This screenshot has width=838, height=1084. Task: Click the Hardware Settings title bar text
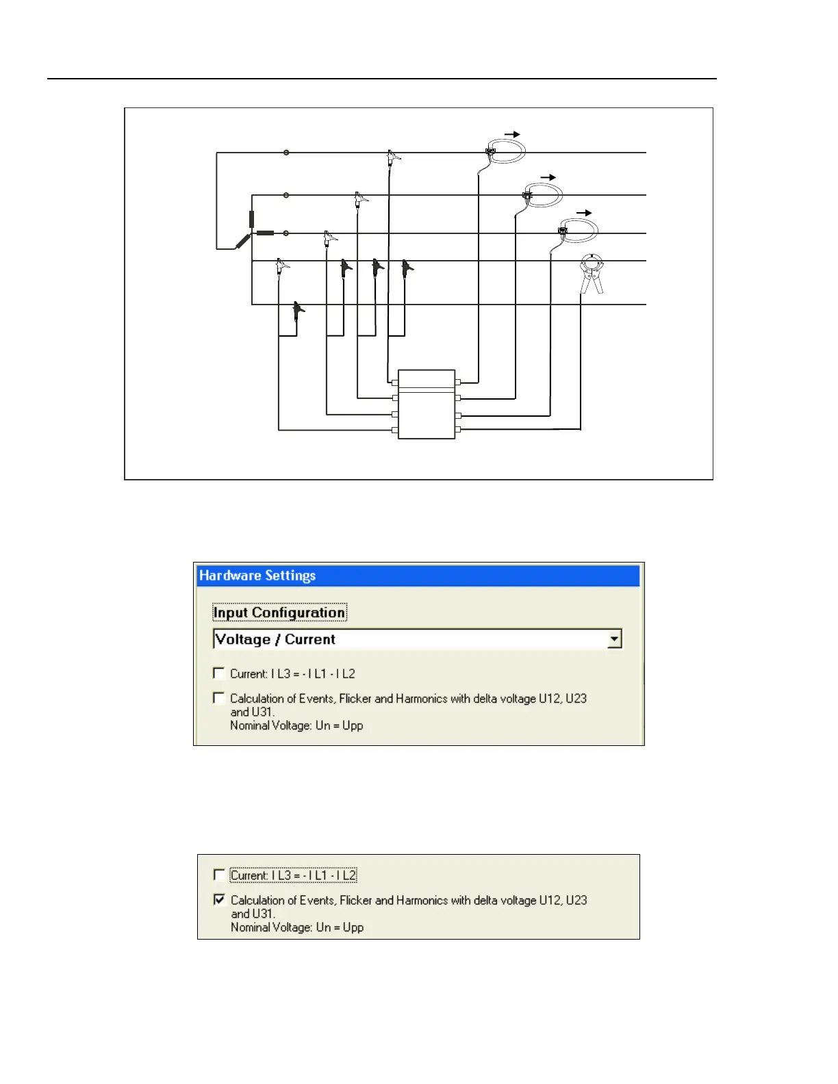(x=257, y=576)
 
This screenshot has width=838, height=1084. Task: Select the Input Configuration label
(x=279, y=612)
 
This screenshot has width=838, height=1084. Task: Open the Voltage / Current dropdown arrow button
(x=614, y=639)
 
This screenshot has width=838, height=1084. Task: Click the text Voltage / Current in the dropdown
(x=275, y=639)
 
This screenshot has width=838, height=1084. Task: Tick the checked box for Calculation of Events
(x=219, y=899)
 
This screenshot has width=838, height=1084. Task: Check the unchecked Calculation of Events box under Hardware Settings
(x=218, y=698)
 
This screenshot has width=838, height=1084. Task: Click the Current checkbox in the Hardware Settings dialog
(x=218, y=673)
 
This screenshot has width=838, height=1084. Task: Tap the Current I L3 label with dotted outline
(x=293, y=875)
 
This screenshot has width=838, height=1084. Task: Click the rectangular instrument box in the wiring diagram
(x=427, y=404)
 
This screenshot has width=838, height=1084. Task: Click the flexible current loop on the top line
(x=507, y=150)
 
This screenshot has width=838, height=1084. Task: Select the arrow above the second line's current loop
(x=548, y=178)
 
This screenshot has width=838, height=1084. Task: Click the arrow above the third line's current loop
(x=583, y=214)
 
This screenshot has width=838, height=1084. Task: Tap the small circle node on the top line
(x=286, y=153)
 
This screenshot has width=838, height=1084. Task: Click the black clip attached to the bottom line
(x=297, y=311)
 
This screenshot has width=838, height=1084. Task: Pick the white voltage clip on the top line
(x=392, y=157)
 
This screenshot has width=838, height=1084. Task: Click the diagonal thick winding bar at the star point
(x=243, y=240)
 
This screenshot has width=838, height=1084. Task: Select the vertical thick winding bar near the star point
(x=252, y=219)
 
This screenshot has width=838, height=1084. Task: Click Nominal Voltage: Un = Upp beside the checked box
(x=296, y=927)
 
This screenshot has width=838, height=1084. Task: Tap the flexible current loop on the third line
(x=579, y=229)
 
